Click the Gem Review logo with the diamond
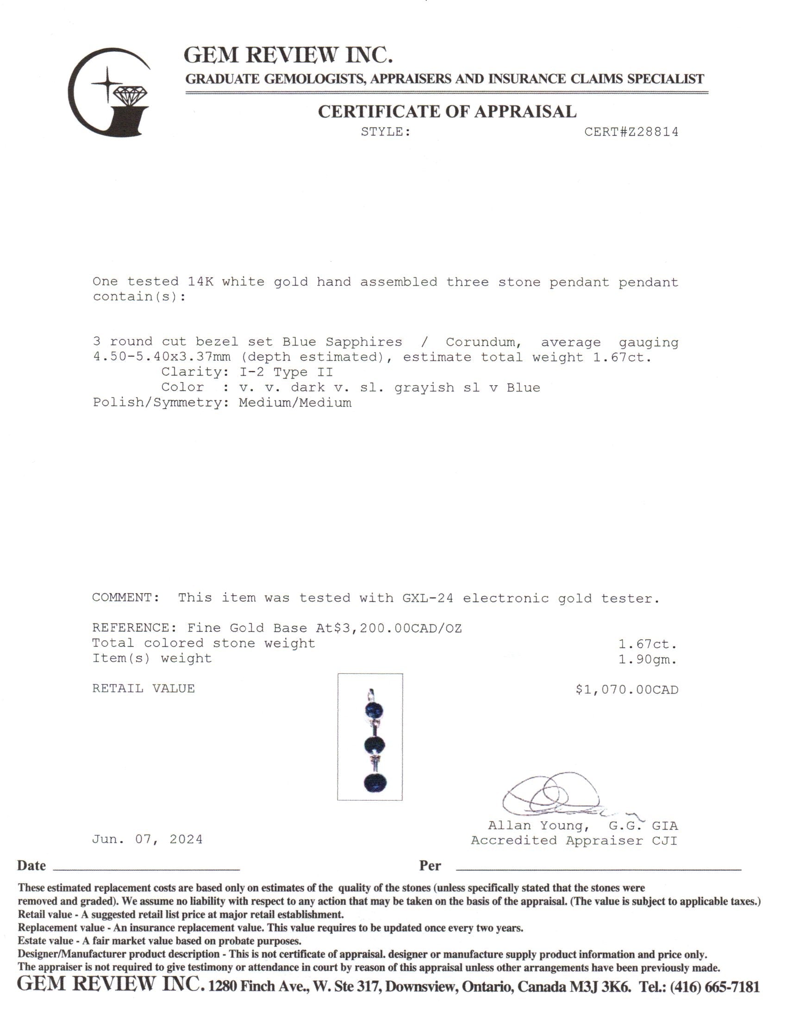[110, 92]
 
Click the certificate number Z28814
[631, 132]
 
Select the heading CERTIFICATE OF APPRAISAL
[447, 112]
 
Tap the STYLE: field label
[386, 132]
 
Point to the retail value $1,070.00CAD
[627, 690]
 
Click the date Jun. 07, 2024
[147, 839]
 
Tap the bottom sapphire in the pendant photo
[375, 782]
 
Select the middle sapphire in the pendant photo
[374, 745]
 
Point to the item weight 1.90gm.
[648, 659]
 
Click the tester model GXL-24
[428, 598]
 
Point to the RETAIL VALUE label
[143, 689]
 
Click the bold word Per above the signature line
[430, 866]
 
